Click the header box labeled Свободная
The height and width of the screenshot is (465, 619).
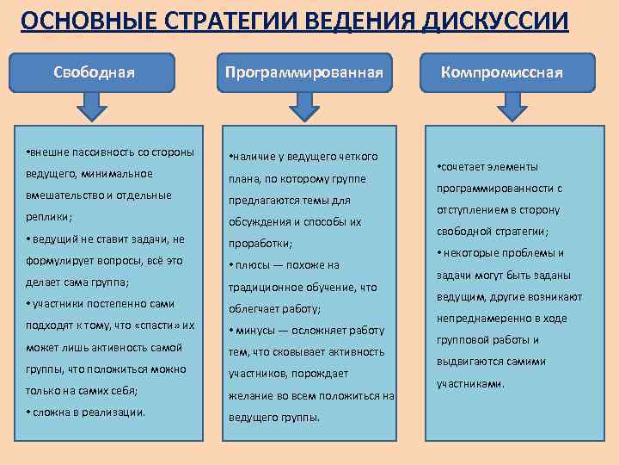click(x=94, y=72)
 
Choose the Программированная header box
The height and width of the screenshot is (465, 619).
click(x=303, y=72)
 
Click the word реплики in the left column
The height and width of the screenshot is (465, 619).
click(x=47, y=217)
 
